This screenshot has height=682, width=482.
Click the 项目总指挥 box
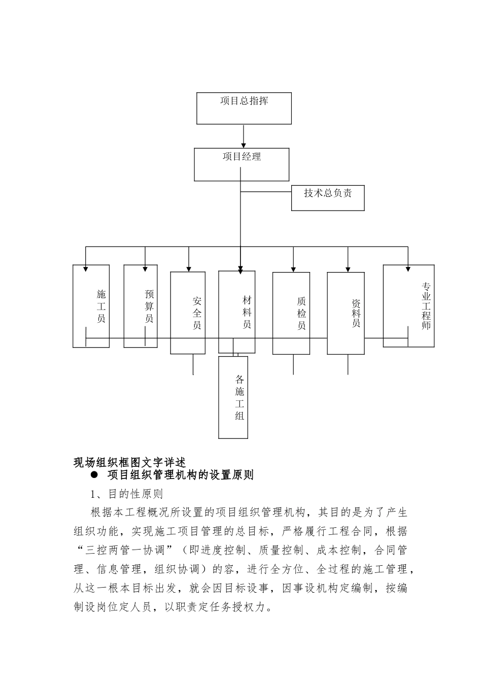pyautogui.click(x=244, y=108)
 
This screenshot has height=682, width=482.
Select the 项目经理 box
pyautogui.click(x=242, y=164)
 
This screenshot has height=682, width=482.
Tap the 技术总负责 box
pyautogui.click(x=328, y=198)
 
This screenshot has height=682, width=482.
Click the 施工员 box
pyautogui.click(x=91, y=306)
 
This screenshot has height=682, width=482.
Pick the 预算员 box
pyautogui.click(x=141, y=306)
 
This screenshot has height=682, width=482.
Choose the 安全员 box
pyautogui.click(x=188, y=313)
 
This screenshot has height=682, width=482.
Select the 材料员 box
pyautogui.click(x=237, y=312)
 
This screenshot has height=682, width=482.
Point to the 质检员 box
pyautogui.click(x=291, y=313)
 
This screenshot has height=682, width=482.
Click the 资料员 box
pyautogui.click(x=346, y=313)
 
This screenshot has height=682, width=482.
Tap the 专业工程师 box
pyautogui.click(x=408, y=305)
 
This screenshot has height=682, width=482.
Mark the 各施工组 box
pyautogui.click(x=233, y=397)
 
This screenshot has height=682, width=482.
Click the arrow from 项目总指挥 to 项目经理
pyautogui.click(x=244, y=136)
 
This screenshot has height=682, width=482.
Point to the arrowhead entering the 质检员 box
pyautogui.click(x=293, y=269)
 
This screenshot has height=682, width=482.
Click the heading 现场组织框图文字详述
pyautogui.click(x=130, y=462)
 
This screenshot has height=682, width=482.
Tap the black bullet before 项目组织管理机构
pyautogui.click(x=94, y=475)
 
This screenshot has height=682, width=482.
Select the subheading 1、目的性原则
pyautogui.click(x=126, y=493)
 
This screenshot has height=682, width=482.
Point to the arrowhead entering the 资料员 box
pyautogui.click(x=348, y=269)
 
